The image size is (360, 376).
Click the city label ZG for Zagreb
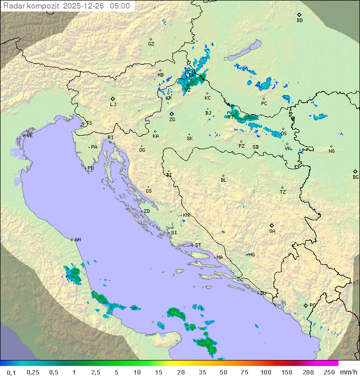point(172,120)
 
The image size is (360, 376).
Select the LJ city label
point(113,105)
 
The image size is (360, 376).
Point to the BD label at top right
point(299,21)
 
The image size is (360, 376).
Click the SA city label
point(272,231)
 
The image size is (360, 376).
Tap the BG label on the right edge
point(355,177)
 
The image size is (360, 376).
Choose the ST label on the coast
point(198,245)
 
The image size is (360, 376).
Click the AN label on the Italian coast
point(77,240)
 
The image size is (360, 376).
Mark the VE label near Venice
point(29,136)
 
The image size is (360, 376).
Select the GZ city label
point(151,44)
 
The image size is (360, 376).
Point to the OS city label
point(283,134)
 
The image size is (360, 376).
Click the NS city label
point(331,151)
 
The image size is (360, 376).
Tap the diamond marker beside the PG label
point(305,305)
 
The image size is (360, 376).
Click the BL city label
point(223,180)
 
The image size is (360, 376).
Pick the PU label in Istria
point(90,168)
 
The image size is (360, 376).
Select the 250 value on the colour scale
point(329,372)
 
